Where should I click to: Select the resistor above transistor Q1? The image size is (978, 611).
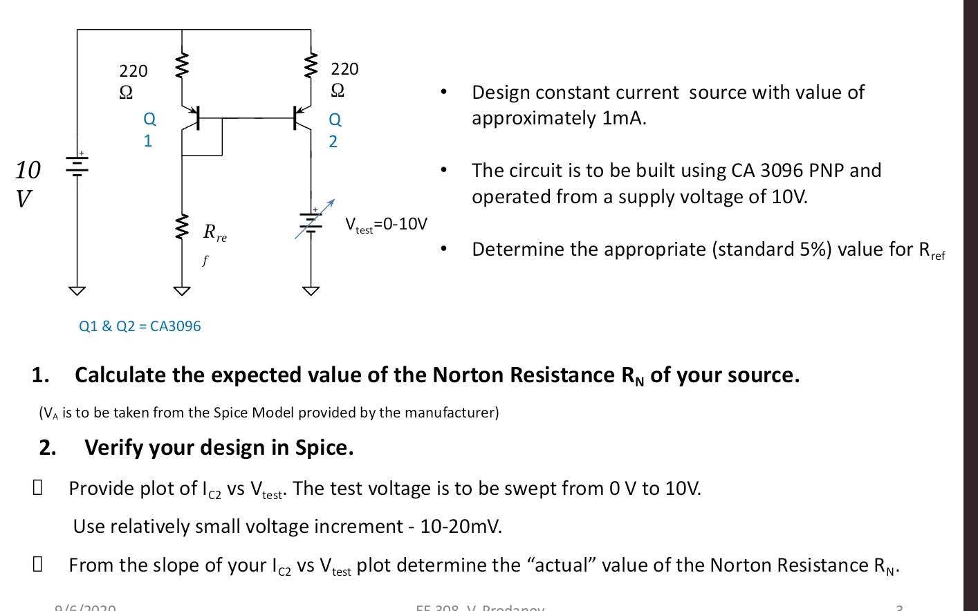182,66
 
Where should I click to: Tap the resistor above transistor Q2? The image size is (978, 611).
311,66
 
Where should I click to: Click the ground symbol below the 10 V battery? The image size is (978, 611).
77,290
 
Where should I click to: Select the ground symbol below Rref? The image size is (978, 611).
182,290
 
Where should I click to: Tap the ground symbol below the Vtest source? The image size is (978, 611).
311,290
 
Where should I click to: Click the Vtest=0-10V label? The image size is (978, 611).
386,225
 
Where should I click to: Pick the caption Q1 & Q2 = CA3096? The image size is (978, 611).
140,326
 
